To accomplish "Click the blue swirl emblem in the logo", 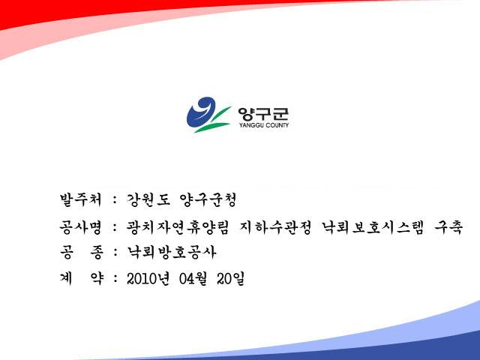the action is click(200, 112).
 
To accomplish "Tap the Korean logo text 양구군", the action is click(263, 114).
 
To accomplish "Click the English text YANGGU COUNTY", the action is click(264, 125).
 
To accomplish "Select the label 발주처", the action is click(80, 199).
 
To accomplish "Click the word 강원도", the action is click(148, 200).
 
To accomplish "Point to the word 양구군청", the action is click(208, 200).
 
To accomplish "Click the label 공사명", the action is click(80, 226).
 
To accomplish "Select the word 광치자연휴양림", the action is click(178, 227).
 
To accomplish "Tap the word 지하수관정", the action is click(275, 227).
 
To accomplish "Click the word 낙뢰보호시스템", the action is click(373, 227).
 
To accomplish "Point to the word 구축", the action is click(448, 227).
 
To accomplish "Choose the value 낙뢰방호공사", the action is click(172, 252).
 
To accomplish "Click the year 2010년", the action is click(148, 278).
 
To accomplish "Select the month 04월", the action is click(193, 278).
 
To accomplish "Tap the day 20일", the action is click(230, 278).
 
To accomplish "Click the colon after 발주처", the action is click(115, 200).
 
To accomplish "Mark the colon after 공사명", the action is click(115, 228).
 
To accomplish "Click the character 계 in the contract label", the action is click(66, 278).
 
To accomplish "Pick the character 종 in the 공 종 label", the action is click(96, 253).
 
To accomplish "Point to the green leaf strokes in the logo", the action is click(212, 120).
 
